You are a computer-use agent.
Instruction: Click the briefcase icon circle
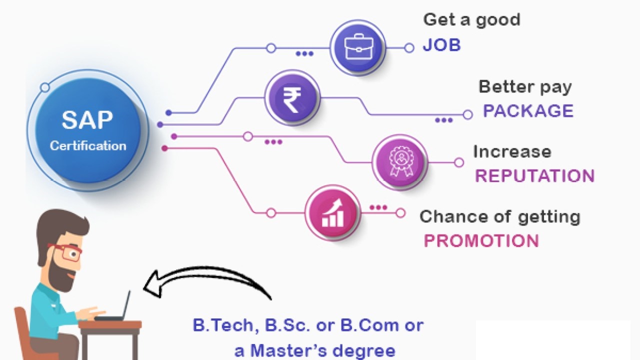[x=358, y=47]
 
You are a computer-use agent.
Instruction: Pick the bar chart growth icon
[x=332, y=213]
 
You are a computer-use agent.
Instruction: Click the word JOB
[x=441, y=45]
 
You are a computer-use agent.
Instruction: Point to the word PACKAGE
[x=528, y=111]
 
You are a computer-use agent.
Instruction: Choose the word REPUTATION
[x=535, y=175]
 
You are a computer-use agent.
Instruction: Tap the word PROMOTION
[x=481, y=240]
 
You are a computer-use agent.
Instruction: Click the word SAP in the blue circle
[x=87, y=120]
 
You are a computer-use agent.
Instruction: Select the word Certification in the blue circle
[x=88, y=145]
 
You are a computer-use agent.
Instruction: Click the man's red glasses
[x=65, y=252]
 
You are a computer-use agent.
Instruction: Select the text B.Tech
[x=223, y=325]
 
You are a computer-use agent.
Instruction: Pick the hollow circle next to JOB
[x=409, y=47]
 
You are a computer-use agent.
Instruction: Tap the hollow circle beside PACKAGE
[x=467, y=114]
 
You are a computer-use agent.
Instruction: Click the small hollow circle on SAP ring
[x=45, y=87]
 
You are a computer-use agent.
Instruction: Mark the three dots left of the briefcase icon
[x=304, y=53]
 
